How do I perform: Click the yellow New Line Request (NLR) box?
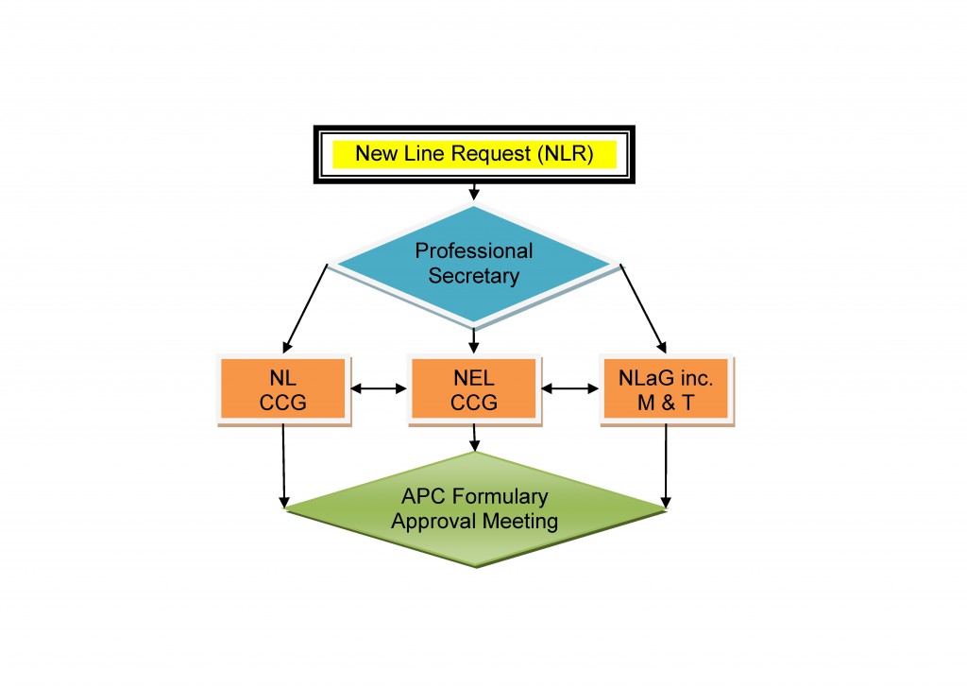point(473,154)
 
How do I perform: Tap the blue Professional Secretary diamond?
point(474,265)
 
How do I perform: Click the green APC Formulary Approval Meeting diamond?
point(475,510)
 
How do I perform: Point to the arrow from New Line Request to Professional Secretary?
point(473,192)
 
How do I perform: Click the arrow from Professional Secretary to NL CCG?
point(305,308)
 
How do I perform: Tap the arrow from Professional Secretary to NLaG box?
point(643,308)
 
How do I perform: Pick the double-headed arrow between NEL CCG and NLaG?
point(569,387)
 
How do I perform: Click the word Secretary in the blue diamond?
point(474,276)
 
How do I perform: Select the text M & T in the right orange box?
point(667,401)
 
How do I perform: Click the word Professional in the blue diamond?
point(474,251)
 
